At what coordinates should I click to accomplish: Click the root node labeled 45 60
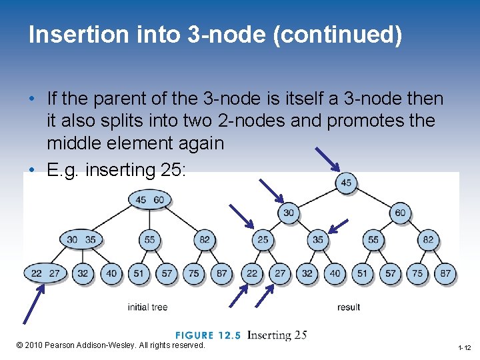pos(150,199)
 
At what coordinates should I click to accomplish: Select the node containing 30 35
pos(81,239)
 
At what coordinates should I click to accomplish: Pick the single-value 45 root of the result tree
pos(345,183)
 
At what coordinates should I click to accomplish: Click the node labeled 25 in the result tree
pos(263,239)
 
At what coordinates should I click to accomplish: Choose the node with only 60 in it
pos(400,213)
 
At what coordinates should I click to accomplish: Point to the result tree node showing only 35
pos(317,239)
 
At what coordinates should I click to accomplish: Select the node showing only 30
pos(289,213)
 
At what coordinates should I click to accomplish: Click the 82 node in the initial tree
pos(204,239)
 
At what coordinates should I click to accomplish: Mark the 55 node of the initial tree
pos(149,239)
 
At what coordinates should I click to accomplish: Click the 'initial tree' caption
pos(147,307)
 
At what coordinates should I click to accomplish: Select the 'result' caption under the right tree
pos(348,307)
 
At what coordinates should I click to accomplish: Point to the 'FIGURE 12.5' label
pos(208,335)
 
